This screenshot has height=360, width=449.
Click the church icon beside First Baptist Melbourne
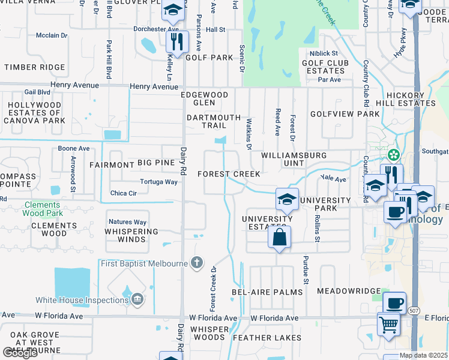click(196, 262)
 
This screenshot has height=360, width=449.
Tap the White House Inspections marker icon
click(137, 299)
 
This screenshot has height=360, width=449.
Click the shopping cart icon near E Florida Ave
click(388, 324)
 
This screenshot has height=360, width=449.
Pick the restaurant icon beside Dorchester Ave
click(178, 41)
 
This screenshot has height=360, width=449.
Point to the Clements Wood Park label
click(43, 208)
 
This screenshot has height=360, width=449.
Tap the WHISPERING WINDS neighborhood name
click(131, 235)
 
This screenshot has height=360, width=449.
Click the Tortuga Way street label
click(158, 182)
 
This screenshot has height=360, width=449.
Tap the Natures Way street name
click(128, 222)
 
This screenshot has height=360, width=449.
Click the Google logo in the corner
click(20, 353)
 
